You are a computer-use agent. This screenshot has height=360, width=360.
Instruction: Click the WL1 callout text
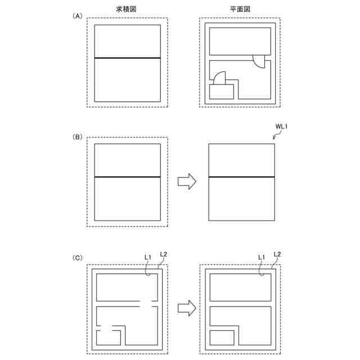(281, 127)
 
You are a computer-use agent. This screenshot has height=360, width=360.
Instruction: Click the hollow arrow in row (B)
(187, 181)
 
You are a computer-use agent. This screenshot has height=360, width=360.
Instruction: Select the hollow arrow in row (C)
(187, 308)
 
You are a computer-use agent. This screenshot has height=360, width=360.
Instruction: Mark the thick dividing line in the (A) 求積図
(128, 58)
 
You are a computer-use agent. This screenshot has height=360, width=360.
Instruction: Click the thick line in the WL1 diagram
(241, 177)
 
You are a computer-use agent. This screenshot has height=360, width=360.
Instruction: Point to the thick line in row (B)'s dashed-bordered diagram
(128, 177)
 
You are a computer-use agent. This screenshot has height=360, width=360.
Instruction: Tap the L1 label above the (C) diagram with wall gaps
(147, 257)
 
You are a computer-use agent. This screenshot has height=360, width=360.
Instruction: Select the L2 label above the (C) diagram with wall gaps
(163, 254)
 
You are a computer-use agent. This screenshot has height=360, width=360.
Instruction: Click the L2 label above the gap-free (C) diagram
(277, 254)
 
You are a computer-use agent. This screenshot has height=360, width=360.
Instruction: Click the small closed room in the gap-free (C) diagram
(222, 338)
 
